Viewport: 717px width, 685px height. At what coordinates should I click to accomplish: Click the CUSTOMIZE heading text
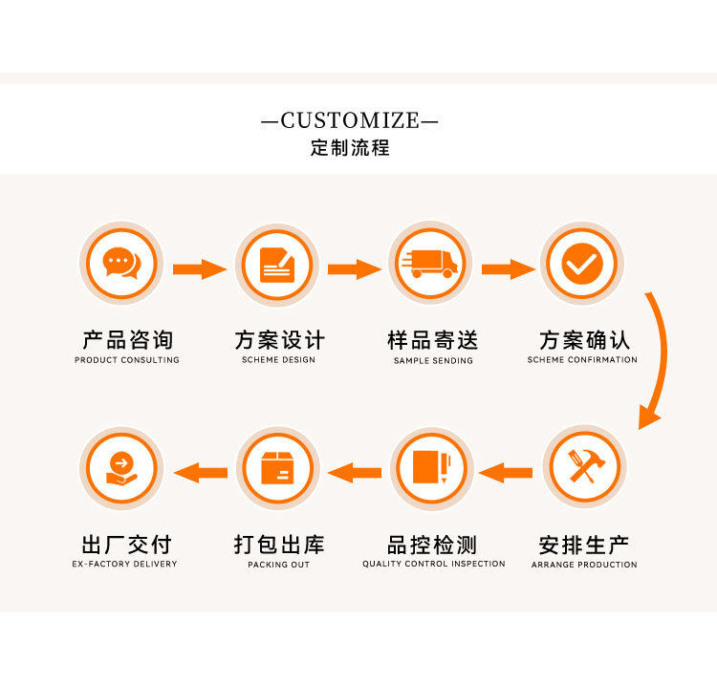pyautogui.click(x=350, y=120)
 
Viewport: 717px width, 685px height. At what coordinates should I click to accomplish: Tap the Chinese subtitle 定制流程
pyautogui.click(x=350, y=149)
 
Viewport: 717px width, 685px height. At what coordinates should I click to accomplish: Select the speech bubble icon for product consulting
pyautogui.click(x=120, y=263)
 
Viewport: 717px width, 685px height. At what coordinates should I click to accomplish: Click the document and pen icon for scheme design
pyautogui.click(x=277, y=264)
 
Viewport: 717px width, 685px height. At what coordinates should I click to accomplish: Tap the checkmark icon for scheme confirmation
pyautogui.click(x=581, y=264)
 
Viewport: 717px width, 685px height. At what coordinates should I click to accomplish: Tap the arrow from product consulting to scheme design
pyautogui.click(x=199, y=268)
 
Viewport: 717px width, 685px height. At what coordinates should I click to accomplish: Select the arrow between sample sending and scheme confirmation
pyautogui.click(x=508, y=268)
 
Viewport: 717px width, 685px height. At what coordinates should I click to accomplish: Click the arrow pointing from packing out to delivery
pyautogui.click(x=199, y=472)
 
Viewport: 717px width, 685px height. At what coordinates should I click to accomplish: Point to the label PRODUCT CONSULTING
pyautogui.click(x=127, y=360)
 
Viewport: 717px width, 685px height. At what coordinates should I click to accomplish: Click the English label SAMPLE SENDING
pyautogui.click(x=433, y=361)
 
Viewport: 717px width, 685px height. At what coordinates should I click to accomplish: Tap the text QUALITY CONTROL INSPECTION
pyautogui.click(x=433, y=565)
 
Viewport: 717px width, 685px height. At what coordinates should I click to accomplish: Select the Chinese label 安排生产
pyautogui.click(x=583, y=546)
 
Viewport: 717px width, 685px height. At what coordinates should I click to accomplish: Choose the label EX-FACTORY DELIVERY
pyautogui.click(x=125, y=565)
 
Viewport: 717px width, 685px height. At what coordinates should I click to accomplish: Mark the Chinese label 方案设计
pyautogui.click(x=279, y=340)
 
